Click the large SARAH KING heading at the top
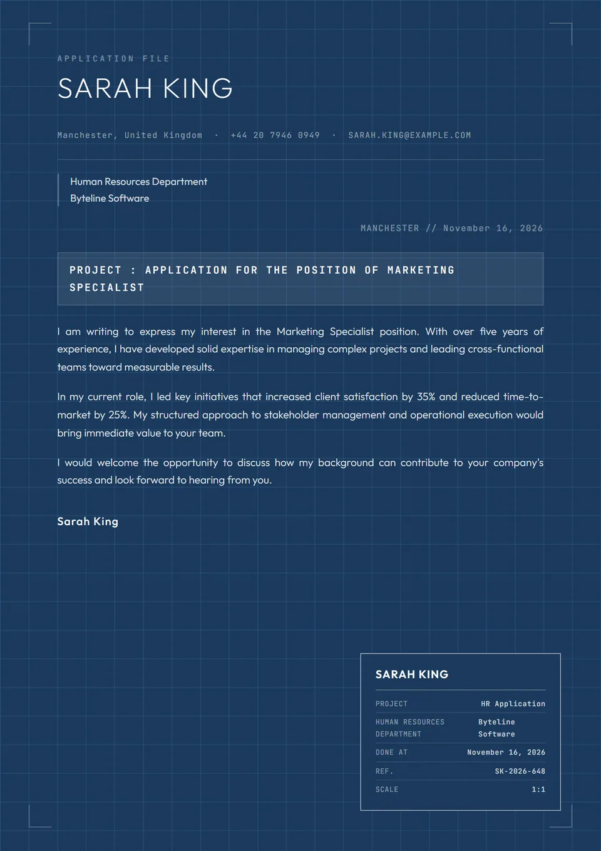coord(145,88)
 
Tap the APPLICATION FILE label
coord(113,58)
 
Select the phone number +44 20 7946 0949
coord(275,135)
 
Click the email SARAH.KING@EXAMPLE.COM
coord(409,135)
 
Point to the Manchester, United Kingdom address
coord(130,135)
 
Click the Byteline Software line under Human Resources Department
coord(110,198)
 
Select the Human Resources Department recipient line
coord(138,182)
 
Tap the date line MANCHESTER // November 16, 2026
coord(451,228)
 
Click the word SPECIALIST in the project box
coord(107,288)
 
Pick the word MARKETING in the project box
coord(421,270)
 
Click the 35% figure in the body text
coord(426,397)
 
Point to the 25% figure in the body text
coord(118,415)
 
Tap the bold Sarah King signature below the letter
coord(88,521)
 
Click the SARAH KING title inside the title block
coord(412,674)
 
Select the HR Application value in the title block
coord(513,704)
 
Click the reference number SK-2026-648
coord(520,771)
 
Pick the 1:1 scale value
coord(538,790)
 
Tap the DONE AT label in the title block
coord(391,753)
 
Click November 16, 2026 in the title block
coord(506,753)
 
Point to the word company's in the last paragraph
coord(518,462)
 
